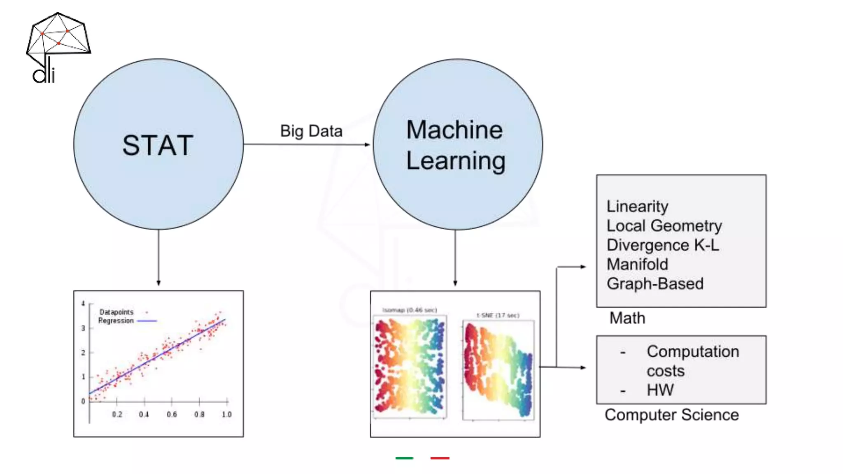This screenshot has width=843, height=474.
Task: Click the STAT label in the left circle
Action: pos(158,145)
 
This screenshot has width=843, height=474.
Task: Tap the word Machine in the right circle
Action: pos(454,130)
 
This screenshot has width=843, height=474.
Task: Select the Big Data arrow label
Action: pos(311,131)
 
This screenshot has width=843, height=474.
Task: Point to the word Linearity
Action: pos(637,207)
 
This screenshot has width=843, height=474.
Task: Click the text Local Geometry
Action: pos(664,226)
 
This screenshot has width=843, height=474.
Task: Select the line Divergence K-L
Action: pos(663,245)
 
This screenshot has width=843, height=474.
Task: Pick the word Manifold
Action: pos(637,265)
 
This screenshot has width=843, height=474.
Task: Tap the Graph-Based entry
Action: pos(655,284)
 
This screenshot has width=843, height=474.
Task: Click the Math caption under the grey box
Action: pos(627,318)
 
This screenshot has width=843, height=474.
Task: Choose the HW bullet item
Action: pos(660,390)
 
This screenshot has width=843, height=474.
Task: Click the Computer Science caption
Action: pos(671,415)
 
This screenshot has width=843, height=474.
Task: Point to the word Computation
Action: pos(693,352)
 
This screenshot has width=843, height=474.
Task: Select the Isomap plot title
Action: pos(410,310)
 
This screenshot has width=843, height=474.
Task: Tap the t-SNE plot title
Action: pos(498,315)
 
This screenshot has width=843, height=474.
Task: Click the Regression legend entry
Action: pos(116,321)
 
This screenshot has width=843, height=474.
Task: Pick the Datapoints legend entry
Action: pos(116,312)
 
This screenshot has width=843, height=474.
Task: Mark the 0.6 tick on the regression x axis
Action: pos(172,414)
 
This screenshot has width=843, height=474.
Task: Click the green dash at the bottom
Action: pos(404,458)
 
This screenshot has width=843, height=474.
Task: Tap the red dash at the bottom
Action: pos(440,458)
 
